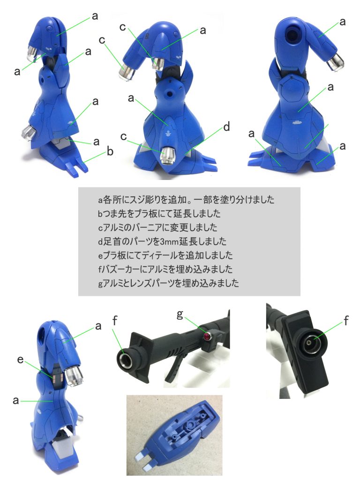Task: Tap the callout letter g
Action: [x=180, y=314]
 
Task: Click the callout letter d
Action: [x=226, y=127]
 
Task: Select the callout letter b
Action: [x=110, y=151]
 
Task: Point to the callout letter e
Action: [x=20, y=359]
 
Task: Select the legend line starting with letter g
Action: [x=168, y=284]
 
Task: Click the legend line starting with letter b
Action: [x=159, y=213]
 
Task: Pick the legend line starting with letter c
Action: [x=157, y=227]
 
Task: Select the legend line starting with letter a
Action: [x=186, y=200]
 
